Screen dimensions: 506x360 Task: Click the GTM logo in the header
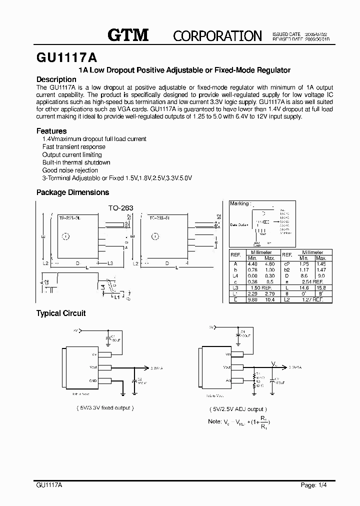tap(128, 35)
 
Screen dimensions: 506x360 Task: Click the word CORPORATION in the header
tap(217, 36)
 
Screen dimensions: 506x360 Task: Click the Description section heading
tap(56, 79)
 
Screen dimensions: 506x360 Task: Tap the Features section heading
tap(51, 131)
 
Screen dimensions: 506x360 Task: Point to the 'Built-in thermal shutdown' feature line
tap(76, 162)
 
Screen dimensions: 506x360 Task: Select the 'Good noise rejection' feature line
tap(70, 170)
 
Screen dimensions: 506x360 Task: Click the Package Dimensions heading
tap(72, 192)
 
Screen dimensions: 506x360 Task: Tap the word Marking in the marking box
tap(238, 204)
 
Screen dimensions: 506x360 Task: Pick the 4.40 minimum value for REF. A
tap(253, 263)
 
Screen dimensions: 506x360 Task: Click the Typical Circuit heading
tap(61, 313)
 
